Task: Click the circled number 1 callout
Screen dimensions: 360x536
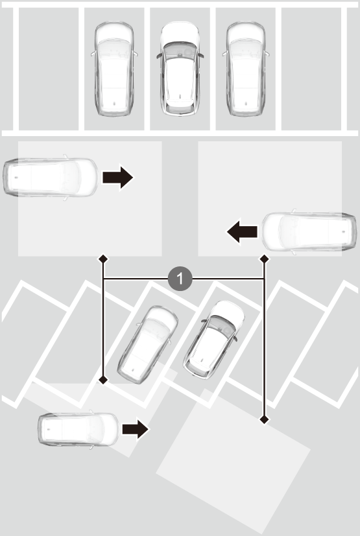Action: point(180,279)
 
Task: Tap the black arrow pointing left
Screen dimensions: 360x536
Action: point(243,231)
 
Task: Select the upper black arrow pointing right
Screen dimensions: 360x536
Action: point(117,177)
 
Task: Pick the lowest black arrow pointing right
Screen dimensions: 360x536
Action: point(135,429)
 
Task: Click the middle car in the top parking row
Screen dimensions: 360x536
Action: point(180,68)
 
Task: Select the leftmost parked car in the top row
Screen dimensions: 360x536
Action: point(114,69)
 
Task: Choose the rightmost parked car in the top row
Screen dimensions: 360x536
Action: point(246,69)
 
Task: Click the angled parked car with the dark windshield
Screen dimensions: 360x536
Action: point(214,340)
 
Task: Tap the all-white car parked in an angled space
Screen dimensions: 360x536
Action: point(147,345)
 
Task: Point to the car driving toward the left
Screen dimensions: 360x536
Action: point(309,232)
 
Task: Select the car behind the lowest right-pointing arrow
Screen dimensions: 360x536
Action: point(78,429)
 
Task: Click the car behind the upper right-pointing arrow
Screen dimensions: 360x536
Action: point(51,177)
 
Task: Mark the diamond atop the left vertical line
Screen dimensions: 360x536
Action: point(103,259)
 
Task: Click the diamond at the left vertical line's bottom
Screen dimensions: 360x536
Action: point(103,379)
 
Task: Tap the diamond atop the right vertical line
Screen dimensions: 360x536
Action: point(264,259)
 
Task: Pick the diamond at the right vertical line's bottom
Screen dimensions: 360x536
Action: point(264,419)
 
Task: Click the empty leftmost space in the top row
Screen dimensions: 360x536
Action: point(49,69)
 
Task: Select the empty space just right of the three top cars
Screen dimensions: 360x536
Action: point(311,69)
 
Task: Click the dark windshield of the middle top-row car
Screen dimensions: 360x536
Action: point(180,49)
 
